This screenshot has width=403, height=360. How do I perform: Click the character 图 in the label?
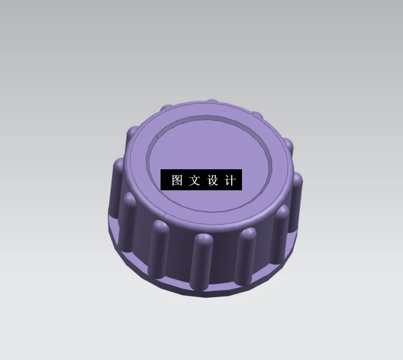pos(177,180)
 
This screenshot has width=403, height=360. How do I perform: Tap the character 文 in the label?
pos(195,180)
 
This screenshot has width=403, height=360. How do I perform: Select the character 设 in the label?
pos(213,180)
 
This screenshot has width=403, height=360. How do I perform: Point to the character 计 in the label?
pos(230,180)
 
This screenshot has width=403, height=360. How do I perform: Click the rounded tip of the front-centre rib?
pos(203,239)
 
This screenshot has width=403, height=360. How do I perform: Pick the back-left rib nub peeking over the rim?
pos(166,108)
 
